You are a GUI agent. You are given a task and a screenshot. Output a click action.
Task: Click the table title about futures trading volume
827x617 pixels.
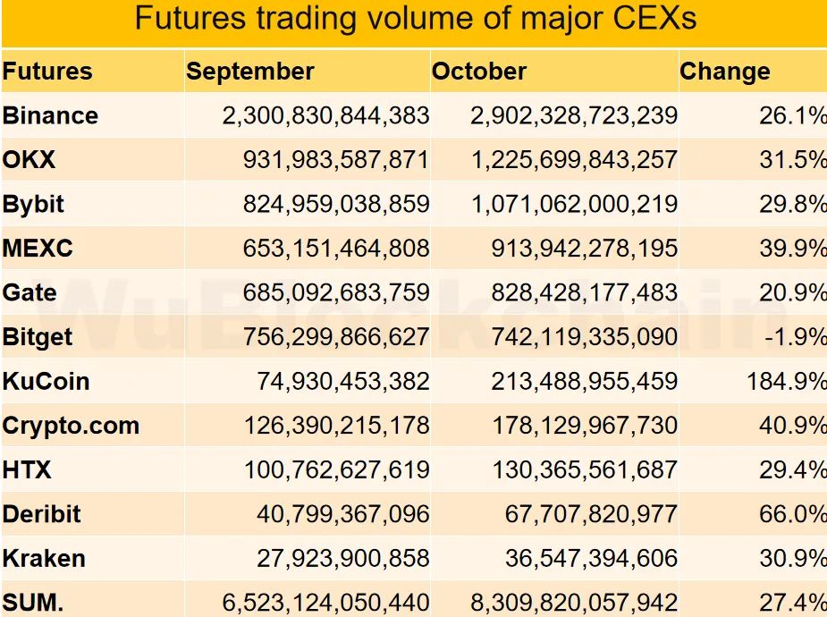point(415,19)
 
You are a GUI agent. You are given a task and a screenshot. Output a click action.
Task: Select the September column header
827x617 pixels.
point(250,72)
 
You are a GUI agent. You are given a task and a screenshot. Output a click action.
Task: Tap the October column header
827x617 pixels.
point(479,72)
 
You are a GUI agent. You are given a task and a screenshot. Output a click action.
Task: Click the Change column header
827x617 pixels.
point(724,72)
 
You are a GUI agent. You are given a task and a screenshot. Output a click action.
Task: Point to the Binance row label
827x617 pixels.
point(50,115)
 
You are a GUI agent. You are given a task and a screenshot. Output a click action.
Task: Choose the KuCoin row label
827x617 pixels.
point(46,381)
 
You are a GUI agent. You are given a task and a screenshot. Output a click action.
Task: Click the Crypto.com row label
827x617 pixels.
point(72,426)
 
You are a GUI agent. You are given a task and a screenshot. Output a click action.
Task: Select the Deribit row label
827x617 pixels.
point(42,514)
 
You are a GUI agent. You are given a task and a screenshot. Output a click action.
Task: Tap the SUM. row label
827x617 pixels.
point(33,603)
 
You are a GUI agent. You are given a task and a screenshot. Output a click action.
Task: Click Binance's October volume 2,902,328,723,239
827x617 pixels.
point(574,115)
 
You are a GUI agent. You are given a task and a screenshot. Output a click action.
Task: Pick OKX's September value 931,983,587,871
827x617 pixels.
point(336,160)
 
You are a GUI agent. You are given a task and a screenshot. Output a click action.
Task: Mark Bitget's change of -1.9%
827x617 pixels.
point(793,337)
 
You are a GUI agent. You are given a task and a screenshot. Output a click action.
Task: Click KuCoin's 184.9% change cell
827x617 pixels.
point(787,381)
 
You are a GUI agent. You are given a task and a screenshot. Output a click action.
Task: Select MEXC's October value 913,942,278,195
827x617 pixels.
point(584,249)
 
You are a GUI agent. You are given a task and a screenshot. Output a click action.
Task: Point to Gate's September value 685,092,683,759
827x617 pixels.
point(336,292)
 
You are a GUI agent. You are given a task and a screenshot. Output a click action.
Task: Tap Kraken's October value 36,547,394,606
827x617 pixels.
point(591,558)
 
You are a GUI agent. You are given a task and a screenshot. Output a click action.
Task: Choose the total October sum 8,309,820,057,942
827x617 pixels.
point(574,603)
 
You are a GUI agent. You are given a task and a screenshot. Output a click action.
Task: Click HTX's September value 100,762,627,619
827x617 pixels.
point(336,469)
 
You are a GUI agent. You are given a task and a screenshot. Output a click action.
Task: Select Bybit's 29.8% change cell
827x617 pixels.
point(793,204)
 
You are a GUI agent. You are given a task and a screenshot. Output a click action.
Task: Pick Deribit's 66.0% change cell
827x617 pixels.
point(793,514)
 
